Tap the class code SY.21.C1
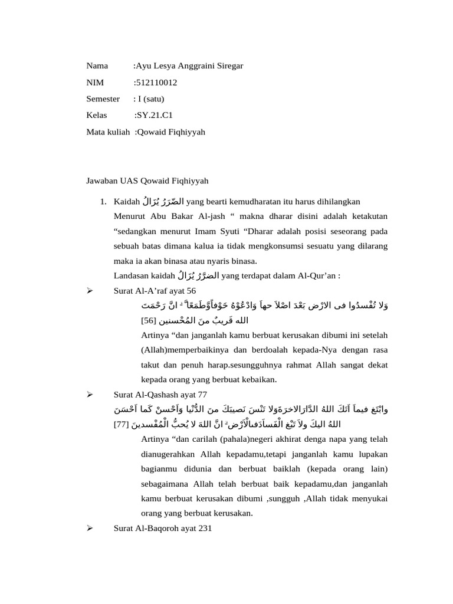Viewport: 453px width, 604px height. click(155, 116)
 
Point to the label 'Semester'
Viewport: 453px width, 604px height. click(103, 99)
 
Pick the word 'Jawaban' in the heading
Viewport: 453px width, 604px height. click(101, 180)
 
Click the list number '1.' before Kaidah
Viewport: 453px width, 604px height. click(104, 202)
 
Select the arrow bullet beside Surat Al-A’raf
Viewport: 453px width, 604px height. click(90, 291)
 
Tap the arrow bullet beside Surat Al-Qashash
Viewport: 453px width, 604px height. click(90, 395)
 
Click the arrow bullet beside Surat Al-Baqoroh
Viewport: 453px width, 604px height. click(90, 528)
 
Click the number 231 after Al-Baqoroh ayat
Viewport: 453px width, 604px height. click(204, 528)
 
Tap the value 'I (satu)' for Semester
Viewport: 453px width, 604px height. click(151, 99)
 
